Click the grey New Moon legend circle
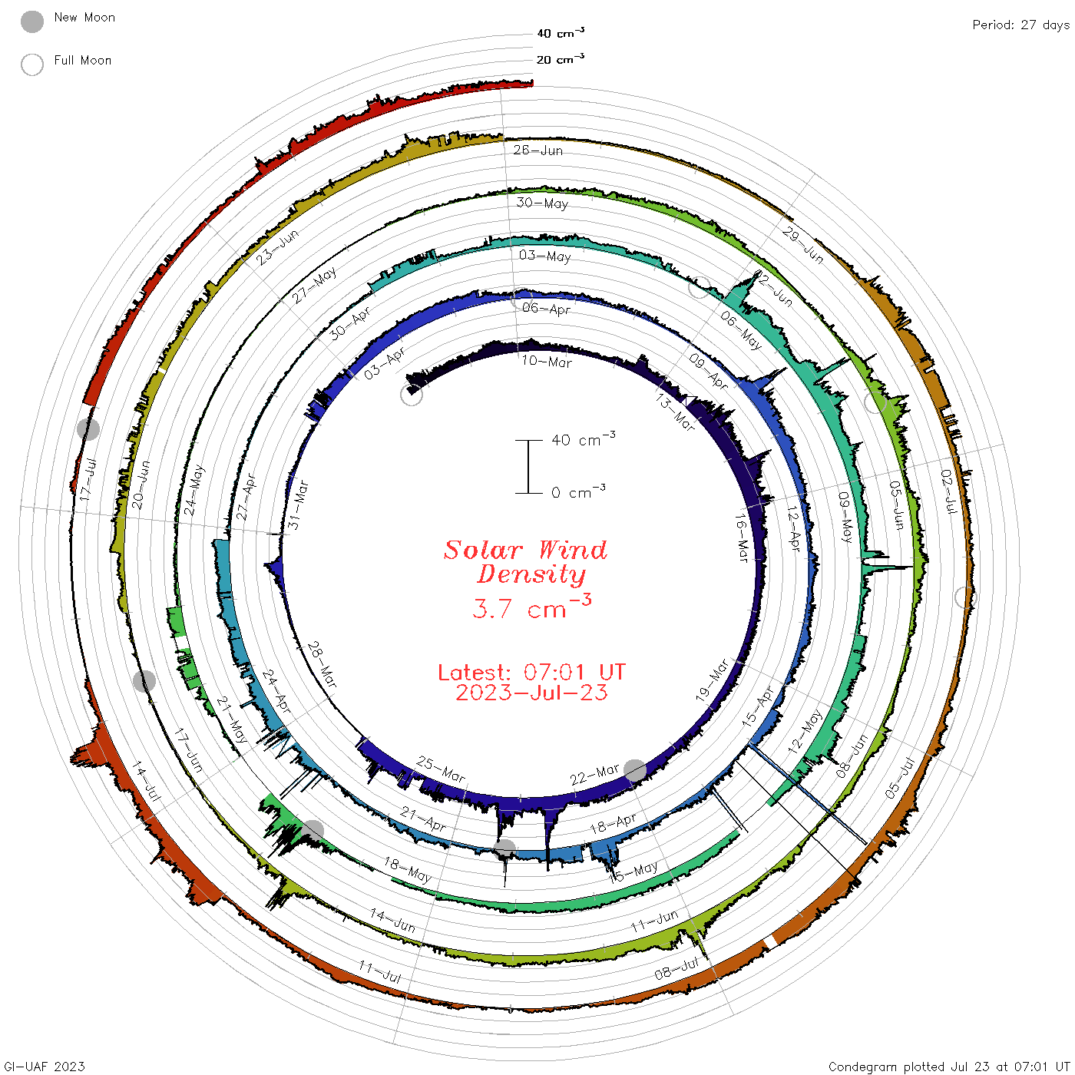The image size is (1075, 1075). pos(31,21)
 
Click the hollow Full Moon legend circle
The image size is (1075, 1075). pos(31,64)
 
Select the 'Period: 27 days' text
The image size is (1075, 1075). pos(1020,25)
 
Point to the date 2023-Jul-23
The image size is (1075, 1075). pos(531,693)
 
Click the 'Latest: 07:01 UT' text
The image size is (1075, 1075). pos(531,672)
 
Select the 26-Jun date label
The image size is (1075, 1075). pos(537,150)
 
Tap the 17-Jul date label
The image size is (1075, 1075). pos(88,479)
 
